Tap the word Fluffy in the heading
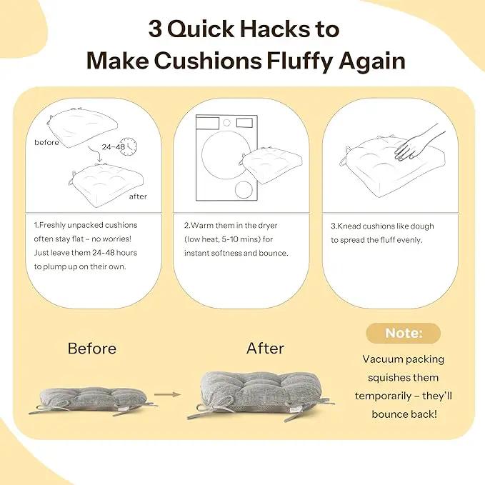coord(300,61)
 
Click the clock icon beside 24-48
coord(129,147)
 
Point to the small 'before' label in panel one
coord(46,142)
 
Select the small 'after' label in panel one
coord(138,196)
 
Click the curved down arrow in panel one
coord(95,153)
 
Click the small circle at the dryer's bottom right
coord(244,189)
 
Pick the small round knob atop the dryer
coord(226,123)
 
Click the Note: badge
coord(404,333)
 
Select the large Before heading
coord(92,349)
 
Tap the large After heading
coord(265,349)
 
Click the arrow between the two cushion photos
coord(167,394)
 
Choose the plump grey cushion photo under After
coord(261,396)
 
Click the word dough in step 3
coord(422,226)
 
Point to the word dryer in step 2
coord(268,226)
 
